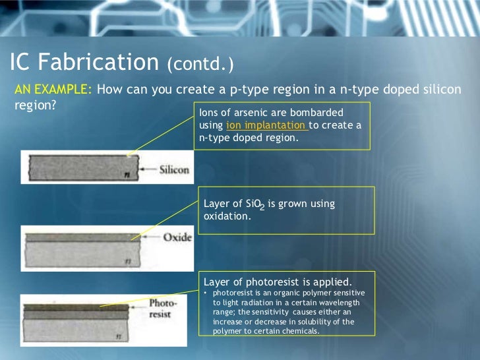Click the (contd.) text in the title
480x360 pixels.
coord(200,65)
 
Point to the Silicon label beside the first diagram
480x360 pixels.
coord(175,170)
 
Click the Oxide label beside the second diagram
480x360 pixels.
coord(177,237)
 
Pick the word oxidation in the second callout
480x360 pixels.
coord(227,216)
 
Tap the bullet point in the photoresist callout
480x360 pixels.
coord(206,293)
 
